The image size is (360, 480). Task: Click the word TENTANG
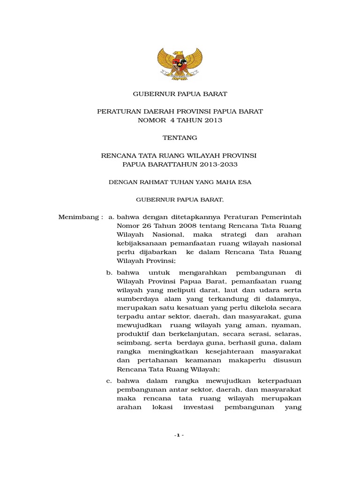click(180, 138)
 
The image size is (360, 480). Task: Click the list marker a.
click(111, 217)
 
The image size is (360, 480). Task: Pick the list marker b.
click(109, 272)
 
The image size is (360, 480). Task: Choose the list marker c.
click(109, 381)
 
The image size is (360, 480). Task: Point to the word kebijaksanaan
click(139, 243)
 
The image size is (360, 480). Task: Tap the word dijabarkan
click(155, 252)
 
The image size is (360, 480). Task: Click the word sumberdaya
click(135, 299)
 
